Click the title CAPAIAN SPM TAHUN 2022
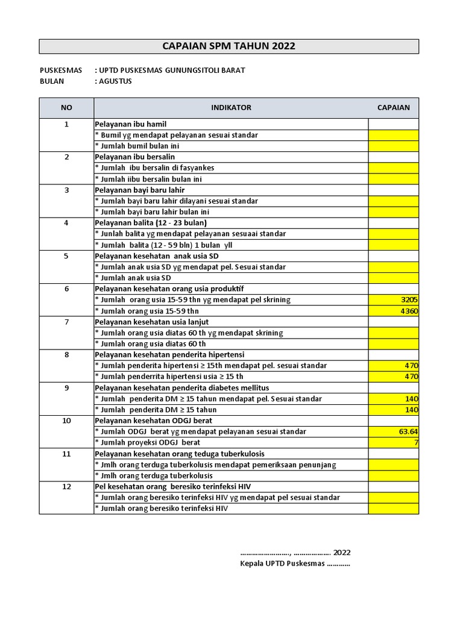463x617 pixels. tap(229, 46)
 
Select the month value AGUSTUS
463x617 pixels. tap(116, 81)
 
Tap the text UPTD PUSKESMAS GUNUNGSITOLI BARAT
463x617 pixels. tap(172, 70)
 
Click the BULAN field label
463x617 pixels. tap(52, 81)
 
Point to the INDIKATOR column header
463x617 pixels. tap(231, 108)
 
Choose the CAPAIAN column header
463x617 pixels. tap(393, 108)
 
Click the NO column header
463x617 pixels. tap(66, 108)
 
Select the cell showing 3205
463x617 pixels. tap(393, 299)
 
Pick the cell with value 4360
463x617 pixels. tap(393, 311)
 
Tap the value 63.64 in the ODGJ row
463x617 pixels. tap(393, 431)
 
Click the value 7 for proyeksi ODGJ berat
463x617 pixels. tap(393, 443)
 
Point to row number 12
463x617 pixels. tap(66, 486)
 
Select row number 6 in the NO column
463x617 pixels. tap(66, 289)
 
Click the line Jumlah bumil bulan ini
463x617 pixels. tap(137, 146)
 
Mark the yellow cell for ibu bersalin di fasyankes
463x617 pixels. tap(393, 168)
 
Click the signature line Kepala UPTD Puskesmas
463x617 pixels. tap(295, 564)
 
